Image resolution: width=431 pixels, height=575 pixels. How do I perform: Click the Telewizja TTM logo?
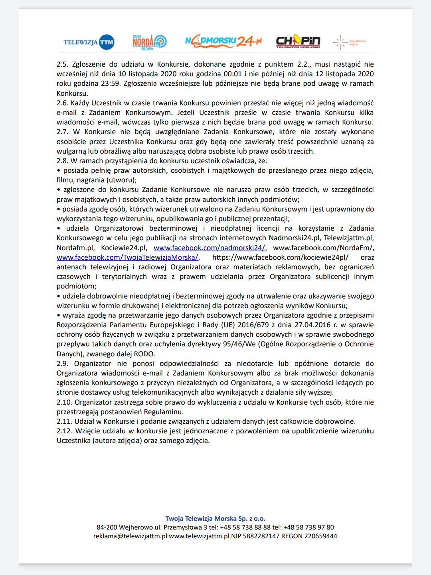(89, 42)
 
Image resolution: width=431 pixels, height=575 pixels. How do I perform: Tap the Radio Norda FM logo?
(149, 42)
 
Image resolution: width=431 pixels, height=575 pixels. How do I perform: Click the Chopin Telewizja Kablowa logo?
(298, 41)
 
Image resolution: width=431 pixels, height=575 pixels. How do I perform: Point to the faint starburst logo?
(340, 42)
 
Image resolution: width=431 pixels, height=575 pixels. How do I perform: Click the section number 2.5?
(62, 64)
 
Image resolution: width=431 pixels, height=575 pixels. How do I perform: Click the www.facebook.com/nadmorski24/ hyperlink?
(209, 248)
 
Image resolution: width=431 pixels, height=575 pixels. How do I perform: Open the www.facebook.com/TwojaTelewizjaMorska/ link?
(127, 257)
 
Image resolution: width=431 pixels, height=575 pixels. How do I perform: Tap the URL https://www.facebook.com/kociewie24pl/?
(280, 257)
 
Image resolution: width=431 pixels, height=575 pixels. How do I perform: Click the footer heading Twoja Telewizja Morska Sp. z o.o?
(215, 518)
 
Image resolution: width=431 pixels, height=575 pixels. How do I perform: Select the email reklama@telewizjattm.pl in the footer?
(130, 536)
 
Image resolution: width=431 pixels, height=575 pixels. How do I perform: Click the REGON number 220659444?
(320, 536)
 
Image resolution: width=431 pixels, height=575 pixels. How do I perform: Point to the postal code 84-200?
(106, 527)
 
